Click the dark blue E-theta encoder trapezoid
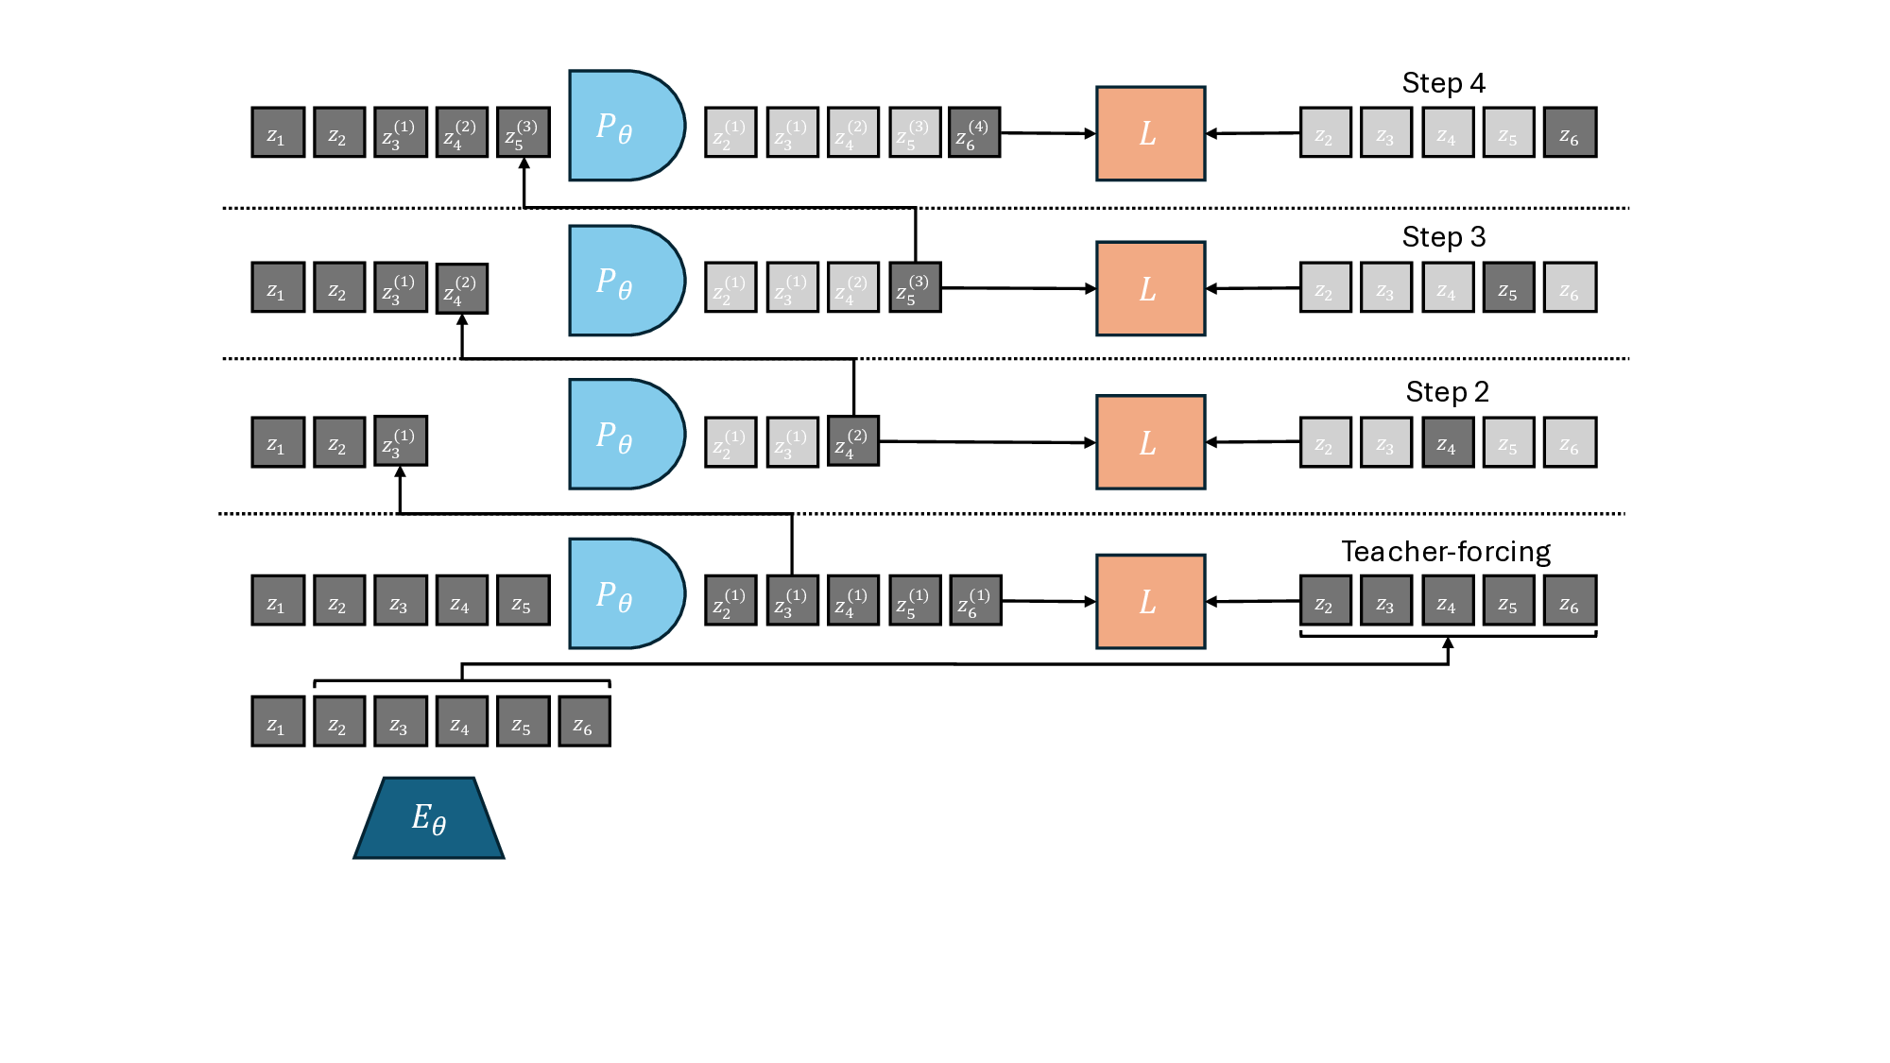(428, 818)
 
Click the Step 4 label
(1443, 83)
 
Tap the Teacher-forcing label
(1445, 552)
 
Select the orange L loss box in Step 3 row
(1150, 288)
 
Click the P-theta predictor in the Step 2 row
(625, 435)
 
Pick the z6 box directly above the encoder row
(584, 722)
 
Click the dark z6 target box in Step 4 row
(1570, 132)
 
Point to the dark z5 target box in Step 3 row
(1508, 288)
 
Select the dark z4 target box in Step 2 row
(1448, 442)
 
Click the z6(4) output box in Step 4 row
(974, 132)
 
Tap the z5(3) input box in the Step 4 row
(523, 132)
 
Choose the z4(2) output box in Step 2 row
(853, 441)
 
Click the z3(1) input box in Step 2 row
(401, 441)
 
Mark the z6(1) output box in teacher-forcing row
(975, 601)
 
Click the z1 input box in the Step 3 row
(278, 288)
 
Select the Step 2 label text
(1447, 392)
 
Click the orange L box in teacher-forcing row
(1150, 602)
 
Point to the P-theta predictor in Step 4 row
(625, 126)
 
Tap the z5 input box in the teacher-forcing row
(523, 601)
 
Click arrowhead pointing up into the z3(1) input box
(401, 472)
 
